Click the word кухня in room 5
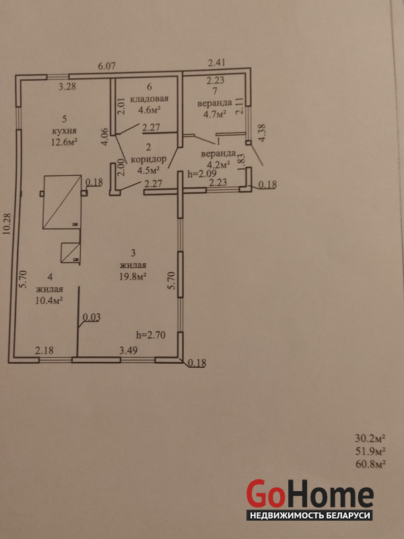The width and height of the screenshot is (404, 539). click(64, 131)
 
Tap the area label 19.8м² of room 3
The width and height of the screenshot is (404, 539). click(133, 276)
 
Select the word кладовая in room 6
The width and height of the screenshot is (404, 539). click(149, 98)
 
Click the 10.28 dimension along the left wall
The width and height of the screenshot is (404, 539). click(7, 224)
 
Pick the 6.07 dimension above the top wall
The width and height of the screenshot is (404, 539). click(106, 66)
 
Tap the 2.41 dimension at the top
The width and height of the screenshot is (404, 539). click(216, 63)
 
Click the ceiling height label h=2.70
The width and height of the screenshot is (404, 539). click(151, 334)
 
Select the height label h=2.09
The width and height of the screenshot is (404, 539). click(200, 174)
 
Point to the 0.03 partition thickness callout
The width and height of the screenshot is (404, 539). click(92, 317)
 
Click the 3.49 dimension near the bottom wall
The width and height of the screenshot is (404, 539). click(129, 350)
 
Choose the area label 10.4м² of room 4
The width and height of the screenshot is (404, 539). click(48, 300)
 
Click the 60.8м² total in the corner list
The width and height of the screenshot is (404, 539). click(370, 464)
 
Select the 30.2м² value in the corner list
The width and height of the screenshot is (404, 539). click(369, 439)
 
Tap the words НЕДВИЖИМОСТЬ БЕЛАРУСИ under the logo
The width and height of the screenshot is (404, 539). click(310, 515)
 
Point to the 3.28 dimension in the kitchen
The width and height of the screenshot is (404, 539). click(67, 86)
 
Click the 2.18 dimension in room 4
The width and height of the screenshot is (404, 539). click(44, 350)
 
